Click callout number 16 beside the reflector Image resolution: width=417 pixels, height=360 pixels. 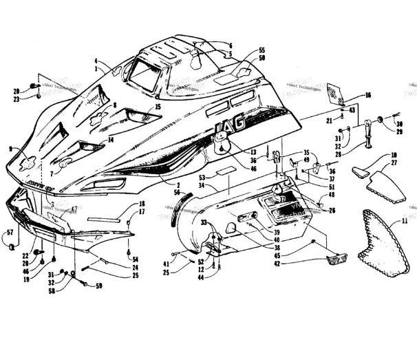[367, 95]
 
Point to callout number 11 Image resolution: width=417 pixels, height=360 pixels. [405, 222]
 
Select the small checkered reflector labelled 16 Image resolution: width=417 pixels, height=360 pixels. [336, 95]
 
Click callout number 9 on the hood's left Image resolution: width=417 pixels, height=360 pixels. [10, 149]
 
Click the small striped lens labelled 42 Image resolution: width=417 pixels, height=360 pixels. [334, 259]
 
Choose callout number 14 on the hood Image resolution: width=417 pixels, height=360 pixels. [109, 140]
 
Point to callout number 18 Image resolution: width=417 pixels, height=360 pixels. [142, 204]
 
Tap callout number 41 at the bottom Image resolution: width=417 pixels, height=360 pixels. [167, 263]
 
